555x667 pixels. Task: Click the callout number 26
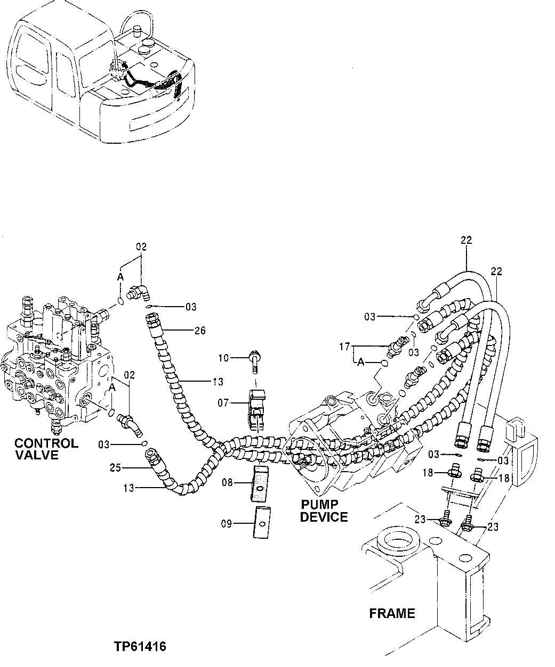pyautogui.click(x=200, y=331)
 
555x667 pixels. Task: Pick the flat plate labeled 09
pyautogui.click(x=261, y=523)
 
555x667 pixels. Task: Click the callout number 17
pyautogui.click(x=344, y=347)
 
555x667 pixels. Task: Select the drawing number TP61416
pyautogui.click(x=140, y=647)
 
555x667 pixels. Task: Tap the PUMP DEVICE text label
pyautogui.click(x=324, y=510)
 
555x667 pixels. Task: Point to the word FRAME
pyautogui.click(x=392, y=613)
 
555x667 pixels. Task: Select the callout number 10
pyautogui.click(x=223, y=358)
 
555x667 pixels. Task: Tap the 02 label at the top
pyautogui.click(x=141, y=246)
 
